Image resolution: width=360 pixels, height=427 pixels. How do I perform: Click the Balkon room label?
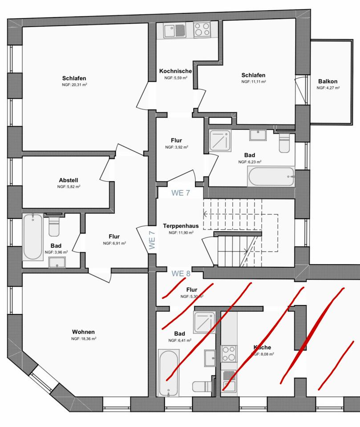point(328,81)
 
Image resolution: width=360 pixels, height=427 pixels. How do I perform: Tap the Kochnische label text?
point(176,71)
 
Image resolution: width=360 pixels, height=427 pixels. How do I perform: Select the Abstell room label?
point(69,180)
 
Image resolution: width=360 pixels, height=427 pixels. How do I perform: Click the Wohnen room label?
point(83,332)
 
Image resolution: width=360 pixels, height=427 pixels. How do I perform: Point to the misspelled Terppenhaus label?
point(181,226)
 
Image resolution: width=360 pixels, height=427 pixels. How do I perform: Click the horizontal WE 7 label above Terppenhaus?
point(181,193)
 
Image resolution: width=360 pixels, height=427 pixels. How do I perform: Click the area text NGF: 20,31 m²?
point(74,85)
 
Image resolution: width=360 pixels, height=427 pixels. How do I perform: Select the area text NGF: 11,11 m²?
point(254,82)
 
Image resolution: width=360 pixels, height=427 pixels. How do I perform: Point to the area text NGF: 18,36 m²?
point(84,338)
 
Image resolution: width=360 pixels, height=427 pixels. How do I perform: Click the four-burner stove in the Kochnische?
point(202,30)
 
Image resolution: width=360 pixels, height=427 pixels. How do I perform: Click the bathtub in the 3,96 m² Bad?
point(33,237)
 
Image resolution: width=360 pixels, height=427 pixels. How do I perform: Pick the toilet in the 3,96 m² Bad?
point(54,226)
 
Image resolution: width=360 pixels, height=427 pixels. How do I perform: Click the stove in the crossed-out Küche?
point(229,354)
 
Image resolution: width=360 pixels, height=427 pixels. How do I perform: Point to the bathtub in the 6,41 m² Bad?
point(168,373)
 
